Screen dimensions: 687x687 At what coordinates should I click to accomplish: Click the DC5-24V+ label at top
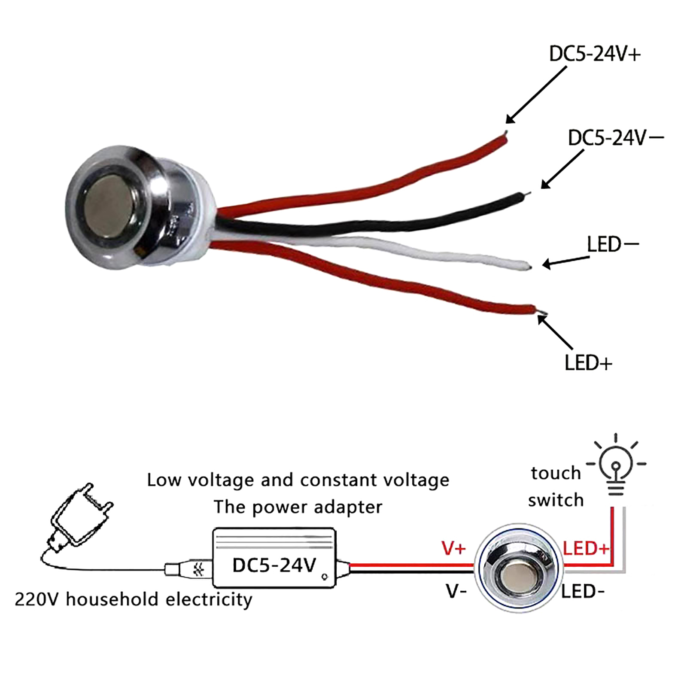pos(595,55)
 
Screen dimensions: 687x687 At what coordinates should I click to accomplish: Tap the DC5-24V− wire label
pos(615,138)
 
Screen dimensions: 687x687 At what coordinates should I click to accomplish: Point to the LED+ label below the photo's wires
pos(588,363)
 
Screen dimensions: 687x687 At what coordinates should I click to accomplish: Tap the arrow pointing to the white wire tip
pos(566,261)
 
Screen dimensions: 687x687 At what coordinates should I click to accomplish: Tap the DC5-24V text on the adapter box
pos(274,565)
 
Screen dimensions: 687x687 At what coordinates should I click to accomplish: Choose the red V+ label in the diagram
pos(453,548)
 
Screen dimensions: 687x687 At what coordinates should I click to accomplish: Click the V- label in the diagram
pos(456,592)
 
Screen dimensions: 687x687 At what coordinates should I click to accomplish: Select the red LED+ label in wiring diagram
pos(586,548)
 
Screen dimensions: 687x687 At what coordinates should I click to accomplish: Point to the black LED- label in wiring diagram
pos(583,592)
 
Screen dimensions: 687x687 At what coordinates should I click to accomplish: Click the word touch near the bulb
pos(556,473)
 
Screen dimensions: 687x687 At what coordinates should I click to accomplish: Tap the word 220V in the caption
pos(36,599)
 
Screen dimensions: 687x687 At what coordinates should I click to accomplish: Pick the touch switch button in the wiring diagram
pos(519,568)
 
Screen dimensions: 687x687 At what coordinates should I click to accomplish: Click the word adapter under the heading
pos(348,508)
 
